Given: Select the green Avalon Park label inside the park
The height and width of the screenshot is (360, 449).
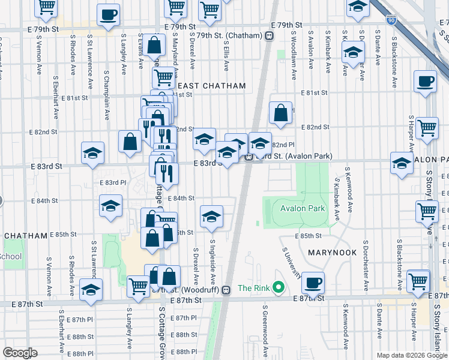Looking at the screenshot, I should (303, 209).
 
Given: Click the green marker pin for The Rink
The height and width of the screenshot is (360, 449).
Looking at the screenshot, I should (278, 288).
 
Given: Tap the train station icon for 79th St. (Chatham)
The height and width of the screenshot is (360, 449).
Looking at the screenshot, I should (270, 36).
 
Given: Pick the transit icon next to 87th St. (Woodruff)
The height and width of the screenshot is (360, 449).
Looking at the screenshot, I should (226, 290).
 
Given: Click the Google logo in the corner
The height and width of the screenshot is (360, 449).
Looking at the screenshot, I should (20, 353).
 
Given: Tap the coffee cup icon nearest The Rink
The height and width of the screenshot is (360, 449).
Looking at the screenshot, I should (312, 282).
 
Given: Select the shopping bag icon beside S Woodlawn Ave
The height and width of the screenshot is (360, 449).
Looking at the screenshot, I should (280, 112).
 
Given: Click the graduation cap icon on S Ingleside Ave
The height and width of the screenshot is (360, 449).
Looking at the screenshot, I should (211, 217).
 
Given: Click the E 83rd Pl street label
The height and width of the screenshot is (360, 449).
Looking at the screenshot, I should (112, 182).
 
